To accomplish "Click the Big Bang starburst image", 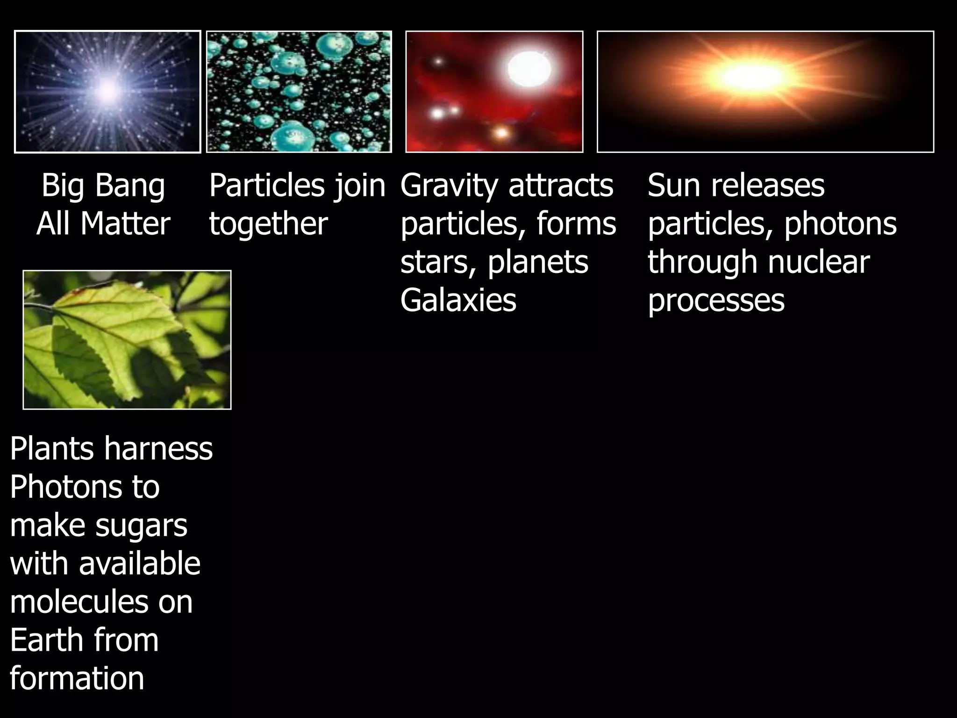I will (x=107, y=92).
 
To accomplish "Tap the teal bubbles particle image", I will (x=299, y=92).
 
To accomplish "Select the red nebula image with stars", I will (x=494, y=92).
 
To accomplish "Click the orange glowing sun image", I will (x=765, y=92).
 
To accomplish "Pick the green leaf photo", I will (x=127, y=340).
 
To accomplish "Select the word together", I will (x=268, y=223).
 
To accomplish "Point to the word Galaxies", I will (x=458, y=300).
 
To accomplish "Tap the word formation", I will (x=77, y=678).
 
